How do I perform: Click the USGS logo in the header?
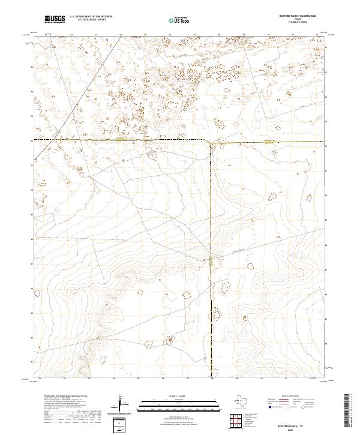pyautogui.click(x=54, y=19)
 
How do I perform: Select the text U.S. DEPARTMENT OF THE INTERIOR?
pyautogui.click(x=91, y=17)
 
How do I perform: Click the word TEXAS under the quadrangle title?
pyautogui.click(x=297, y=20)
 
